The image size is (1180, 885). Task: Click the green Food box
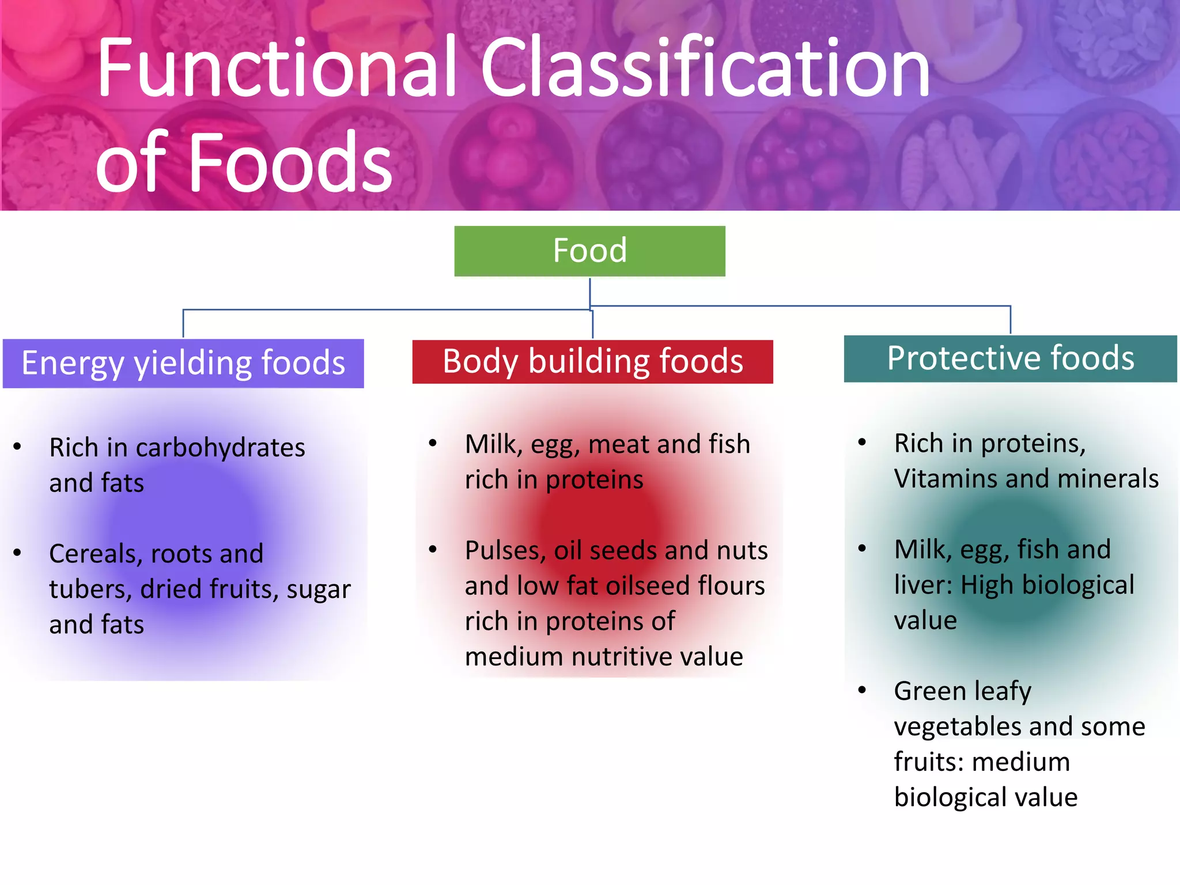coord(589,251)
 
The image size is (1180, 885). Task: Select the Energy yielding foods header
coord(183,364)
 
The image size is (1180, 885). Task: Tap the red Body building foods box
coord(592,362)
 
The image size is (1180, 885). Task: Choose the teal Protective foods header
coord(1010,358)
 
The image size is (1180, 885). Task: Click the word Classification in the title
coord(705,68)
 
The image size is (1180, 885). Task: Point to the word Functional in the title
coord(277,68)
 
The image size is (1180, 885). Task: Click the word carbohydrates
coord(220,448)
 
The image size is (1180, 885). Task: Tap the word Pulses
coord(501,551)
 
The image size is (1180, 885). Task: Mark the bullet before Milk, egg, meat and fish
coord(433,443)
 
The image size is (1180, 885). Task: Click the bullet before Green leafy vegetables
coord(862,690)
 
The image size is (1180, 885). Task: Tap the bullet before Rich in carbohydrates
coord(17,447)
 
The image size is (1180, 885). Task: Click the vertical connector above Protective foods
coord(1011,320)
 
